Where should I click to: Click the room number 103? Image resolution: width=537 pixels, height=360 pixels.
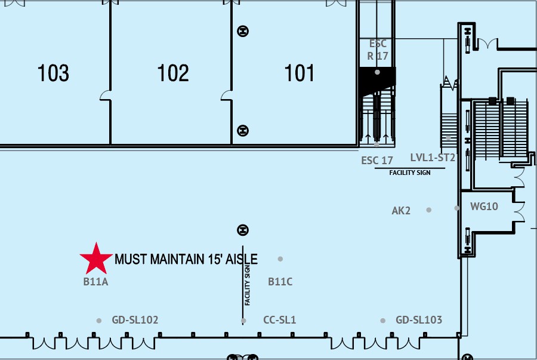coord(53,73)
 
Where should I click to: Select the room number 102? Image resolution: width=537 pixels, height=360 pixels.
coord(173,73)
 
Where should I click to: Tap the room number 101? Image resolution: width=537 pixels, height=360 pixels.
coord(299,73)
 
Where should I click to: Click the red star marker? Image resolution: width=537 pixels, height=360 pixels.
coord(96,259)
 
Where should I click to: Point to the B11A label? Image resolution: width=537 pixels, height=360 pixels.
coord(95,282)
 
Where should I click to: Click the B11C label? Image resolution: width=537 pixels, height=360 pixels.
coord(280,282)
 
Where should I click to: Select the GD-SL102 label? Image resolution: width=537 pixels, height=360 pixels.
coord(135,320)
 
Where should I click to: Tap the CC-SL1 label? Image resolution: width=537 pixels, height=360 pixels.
coord(279,320)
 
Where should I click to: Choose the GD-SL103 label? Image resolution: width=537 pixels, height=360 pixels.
coord(419,320)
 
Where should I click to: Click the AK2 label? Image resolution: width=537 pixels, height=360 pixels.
coord(401,211)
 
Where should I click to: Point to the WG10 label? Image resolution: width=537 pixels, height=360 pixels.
coord(484,207)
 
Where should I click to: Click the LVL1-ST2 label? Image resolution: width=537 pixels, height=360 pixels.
coord(433,158)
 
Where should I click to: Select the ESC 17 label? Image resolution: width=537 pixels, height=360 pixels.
coord(377,161)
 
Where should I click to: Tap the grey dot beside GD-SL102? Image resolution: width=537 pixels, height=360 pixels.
coord(99,321)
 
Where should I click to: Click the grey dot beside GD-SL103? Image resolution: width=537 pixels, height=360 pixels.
coord(382,321)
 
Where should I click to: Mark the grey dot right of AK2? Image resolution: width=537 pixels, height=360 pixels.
coord(429,210)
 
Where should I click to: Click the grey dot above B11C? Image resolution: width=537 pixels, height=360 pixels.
coord(280,259)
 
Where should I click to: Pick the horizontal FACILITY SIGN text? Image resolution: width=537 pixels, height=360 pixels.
coord(410,173)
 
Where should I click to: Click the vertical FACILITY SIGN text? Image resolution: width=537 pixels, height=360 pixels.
coord(247,285)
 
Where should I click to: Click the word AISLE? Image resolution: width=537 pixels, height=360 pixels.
coord(242,259)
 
